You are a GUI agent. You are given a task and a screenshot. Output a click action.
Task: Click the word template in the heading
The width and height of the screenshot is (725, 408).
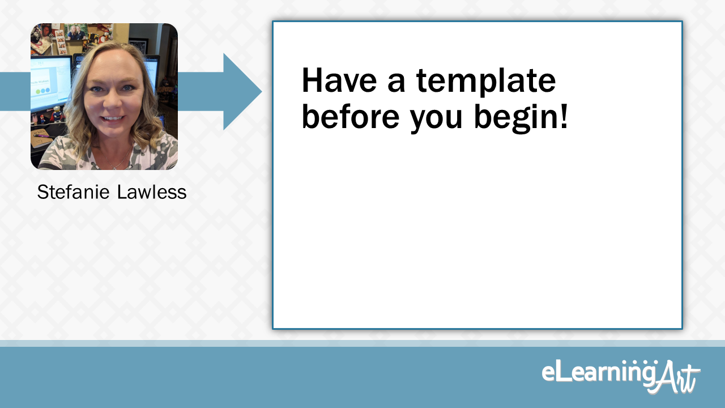pos(486,82)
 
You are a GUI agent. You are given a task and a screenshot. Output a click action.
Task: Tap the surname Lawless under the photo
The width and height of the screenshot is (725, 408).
pos(151,192)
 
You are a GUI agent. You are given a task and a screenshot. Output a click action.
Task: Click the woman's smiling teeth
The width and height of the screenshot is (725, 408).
pos(113,118)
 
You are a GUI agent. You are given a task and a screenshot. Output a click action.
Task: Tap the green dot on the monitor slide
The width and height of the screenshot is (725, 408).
pos(39,91)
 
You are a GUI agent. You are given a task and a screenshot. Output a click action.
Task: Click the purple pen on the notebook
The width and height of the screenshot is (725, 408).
pos(43,136)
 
